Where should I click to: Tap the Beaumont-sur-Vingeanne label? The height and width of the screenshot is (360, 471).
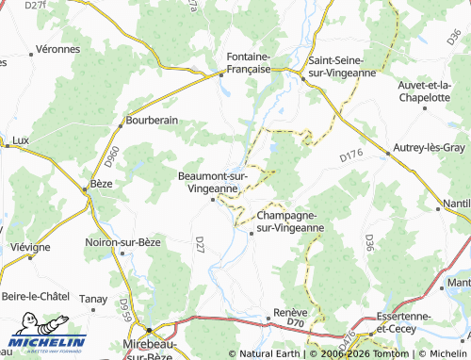click(x=213, y=182)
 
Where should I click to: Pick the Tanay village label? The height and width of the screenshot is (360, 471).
click(x=93, y=299)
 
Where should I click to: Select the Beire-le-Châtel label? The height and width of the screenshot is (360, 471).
click(x=36, y=296)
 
